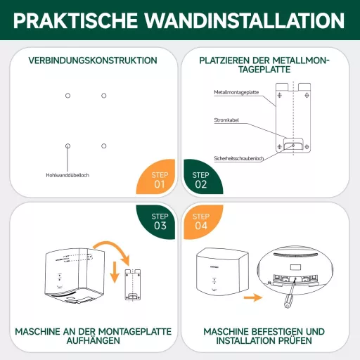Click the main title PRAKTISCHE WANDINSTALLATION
point(180,19)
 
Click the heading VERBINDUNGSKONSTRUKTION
point(92,60)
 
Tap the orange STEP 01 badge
point(159,180)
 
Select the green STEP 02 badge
point(200,180)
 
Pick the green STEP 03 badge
point(160,221)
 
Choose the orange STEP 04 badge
point(200,221)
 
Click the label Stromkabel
point(226,120)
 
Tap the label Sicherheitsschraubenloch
point(239,158)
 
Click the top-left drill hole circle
point(67,95)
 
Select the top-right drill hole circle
point(104,95)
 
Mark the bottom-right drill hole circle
point(104,146)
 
